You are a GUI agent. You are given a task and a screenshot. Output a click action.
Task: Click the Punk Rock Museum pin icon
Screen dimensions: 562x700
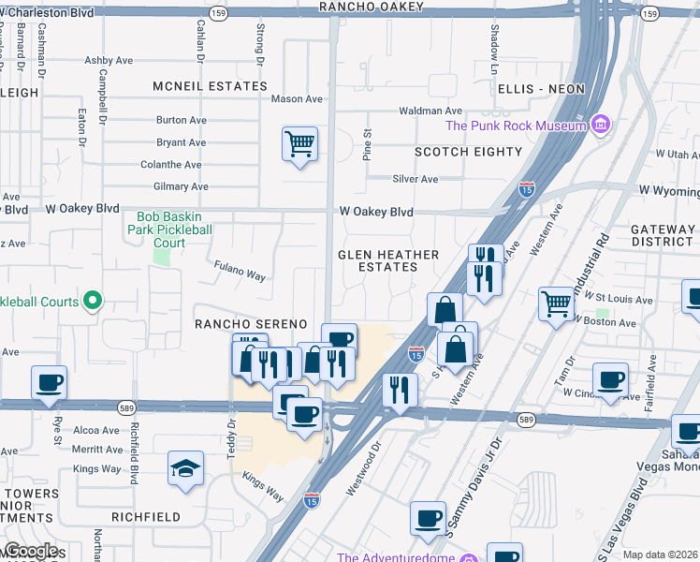[x=600, y=126]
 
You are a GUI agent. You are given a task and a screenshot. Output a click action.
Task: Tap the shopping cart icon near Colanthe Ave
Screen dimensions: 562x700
[x=299, y=145]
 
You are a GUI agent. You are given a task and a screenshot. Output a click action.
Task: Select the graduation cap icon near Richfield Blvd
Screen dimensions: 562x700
[x=185, y=467]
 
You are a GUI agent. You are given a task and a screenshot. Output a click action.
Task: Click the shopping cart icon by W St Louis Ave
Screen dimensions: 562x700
[x=556, y=303]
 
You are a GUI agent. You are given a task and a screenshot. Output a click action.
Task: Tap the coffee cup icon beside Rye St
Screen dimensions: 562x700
[x=49, y=382]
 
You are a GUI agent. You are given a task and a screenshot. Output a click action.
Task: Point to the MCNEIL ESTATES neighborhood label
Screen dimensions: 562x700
[x=211, y=86]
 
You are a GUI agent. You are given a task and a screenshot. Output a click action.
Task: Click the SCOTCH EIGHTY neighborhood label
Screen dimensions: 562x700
[x=468, y=152]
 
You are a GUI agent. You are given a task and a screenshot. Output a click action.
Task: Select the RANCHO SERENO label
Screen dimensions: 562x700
[x=250, y=323]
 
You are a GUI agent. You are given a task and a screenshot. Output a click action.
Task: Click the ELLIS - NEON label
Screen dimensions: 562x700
[x=542, y=89]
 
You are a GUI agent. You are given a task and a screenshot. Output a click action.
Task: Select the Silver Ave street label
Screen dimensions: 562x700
[x=416, y=179]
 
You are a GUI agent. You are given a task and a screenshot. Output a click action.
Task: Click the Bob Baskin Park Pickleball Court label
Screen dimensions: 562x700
[x=168, y=229]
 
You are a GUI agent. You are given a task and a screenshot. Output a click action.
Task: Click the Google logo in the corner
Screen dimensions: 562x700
[x=30, y=551]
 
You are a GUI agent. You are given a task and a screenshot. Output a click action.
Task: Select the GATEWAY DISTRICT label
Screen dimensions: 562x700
[x=663, y=235]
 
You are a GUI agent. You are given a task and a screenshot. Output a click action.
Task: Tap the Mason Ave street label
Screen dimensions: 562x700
[x=297, y=98]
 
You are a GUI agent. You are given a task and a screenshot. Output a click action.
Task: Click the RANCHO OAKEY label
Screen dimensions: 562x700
[x=372, y=7]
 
